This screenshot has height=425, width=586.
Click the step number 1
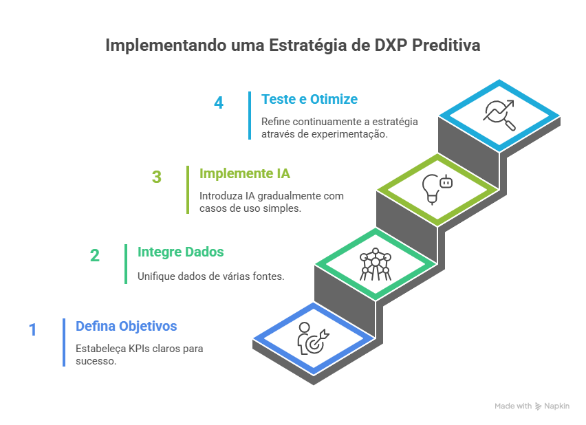[32, 330]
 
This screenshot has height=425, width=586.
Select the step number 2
[94, 255]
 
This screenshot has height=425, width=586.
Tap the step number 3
[157, 177]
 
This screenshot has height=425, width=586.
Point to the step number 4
[219, 103]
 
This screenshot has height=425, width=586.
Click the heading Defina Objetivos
[127, 326]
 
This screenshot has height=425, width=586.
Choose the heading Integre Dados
[180, 252]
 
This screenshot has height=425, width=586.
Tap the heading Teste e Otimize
[309, 99]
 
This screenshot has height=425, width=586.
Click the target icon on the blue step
[313, 340]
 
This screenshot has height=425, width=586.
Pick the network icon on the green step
[375, 264]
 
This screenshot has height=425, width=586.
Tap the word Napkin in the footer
[557, 406]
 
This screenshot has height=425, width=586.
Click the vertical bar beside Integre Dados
[126, 263]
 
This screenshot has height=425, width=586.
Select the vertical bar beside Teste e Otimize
[250, 115]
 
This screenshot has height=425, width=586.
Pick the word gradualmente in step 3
[288, 196]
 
